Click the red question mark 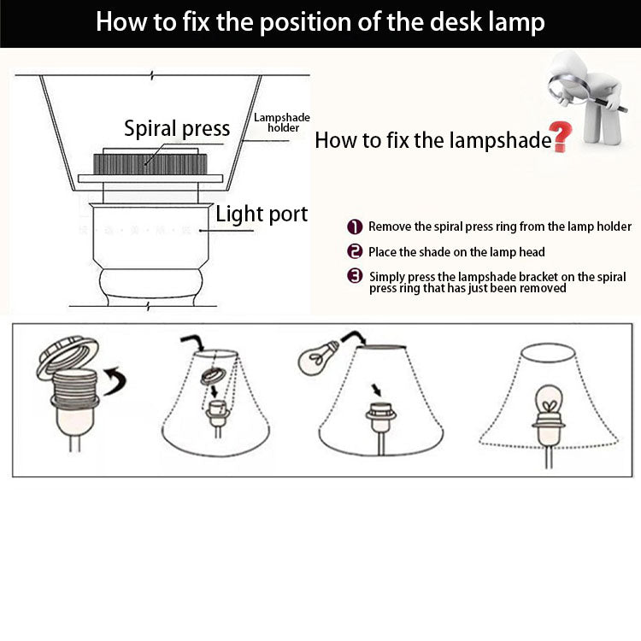(x=561, y=137)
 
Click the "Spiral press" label (x=177, y=128)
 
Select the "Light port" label (x=262, y=214)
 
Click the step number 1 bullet (x=355, y=226)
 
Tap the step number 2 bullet (x=355, y=251)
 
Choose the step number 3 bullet (x=355, y=276)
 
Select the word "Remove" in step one (x=390, y=226)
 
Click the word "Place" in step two (x=383, y=251)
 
